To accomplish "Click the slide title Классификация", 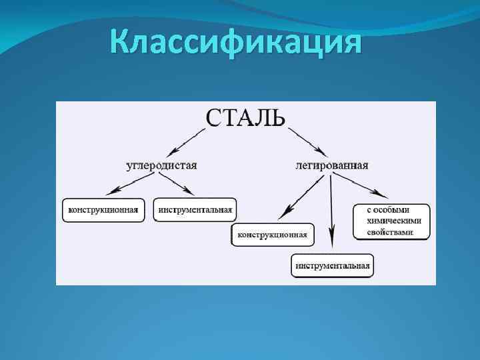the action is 237,44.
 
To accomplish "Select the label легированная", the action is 332,165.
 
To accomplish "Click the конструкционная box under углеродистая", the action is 102,210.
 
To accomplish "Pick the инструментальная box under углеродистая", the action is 195,210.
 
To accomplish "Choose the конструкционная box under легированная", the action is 272,235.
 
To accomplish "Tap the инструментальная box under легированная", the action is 332,265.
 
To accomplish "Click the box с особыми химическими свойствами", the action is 391,221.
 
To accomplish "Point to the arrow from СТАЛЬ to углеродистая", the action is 187,141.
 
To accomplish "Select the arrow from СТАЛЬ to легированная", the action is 307,141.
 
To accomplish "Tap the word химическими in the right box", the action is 394,221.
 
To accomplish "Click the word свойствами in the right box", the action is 390,233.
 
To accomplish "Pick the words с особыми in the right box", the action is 387,209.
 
